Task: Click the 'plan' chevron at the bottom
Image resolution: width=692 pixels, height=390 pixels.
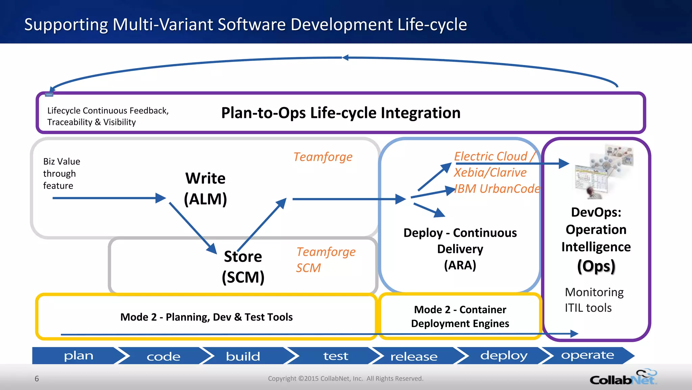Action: point(79,356)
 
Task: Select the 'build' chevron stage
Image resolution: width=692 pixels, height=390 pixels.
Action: point(243,356)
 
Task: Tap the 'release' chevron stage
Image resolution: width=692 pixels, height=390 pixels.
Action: point(414,356)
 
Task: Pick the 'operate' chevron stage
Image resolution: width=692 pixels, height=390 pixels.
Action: point(587,355)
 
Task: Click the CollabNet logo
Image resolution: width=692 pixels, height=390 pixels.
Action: point(623,378)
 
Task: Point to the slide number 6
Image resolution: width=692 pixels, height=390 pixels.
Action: point(37,378)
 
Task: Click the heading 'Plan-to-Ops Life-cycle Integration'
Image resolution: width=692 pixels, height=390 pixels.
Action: point(341,113)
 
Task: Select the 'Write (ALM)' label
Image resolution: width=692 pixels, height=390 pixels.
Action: point(205,189)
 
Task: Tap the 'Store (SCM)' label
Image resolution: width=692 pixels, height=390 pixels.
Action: point(243,267)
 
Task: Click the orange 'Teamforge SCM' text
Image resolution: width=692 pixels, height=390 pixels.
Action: point(325,260)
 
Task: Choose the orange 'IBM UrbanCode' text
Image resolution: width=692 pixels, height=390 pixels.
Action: point(497,189)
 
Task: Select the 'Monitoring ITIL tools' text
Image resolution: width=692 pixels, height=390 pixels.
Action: point(594,300)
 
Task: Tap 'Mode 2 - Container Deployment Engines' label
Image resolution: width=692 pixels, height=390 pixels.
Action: point(460,317)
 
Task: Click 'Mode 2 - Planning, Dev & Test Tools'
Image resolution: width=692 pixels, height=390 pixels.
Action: point(206,317)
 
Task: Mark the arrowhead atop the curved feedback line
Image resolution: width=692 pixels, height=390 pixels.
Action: point(345,58)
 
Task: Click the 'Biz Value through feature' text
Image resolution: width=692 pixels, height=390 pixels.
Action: point(61,173)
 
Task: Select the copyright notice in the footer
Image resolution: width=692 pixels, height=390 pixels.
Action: point(345,378)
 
